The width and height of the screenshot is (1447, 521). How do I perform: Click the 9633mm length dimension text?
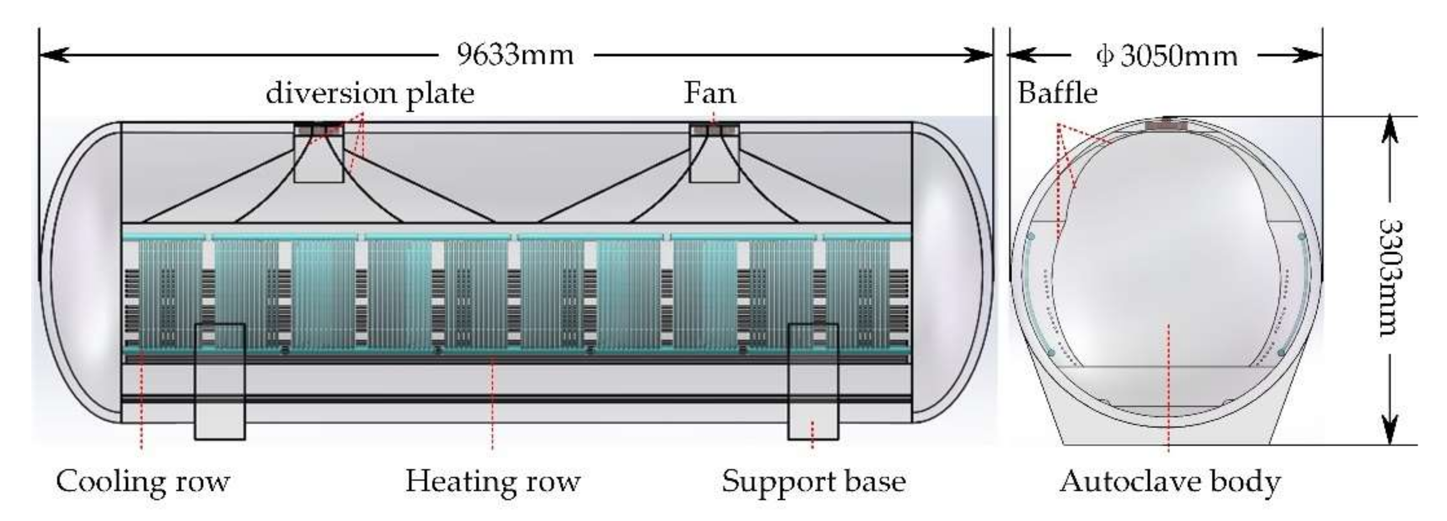point(515,55)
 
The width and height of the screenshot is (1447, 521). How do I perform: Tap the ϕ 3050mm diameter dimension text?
point(1166,56)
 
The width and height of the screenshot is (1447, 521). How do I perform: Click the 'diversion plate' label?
point(370,93)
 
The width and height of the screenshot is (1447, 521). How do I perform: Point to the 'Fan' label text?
point(709,93)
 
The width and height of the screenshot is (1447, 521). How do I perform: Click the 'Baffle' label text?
point(1057,93)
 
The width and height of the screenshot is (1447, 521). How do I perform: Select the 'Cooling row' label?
point(143,482)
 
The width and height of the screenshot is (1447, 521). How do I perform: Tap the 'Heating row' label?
point(492,482)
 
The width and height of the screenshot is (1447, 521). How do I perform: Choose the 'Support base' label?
point(813,482)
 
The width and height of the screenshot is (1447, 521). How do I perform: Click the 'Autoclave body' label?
point(1170,482)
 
